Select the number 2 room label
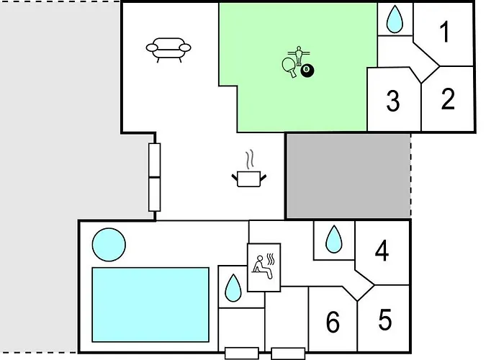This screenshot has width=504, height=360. click(448, 99)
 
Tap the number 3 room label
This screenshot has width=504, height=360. click(392, 102)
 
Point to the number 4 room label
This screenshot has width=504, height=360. click(382, 251)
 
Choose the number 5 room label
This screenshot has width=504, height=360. click(385, 318)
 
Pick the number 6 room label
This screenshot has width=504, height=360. click(333, 323)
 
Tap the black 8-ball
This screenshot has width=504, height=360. click(308, 70)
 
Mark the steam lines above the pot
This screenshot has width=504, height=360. click(249, 158)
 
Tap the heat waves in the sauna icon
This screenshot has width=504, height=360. click(272, 257)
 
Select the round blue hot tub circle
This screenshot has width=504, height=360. click(109, 245)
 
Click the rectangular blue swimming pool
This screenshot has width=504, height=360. click(150, 305)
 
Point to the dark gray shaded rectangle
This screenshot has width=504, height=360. click(348, 175)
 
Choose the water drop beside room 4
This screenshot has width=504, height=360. click(333, 240)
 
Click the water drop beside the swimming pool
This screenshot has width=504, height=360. click(233, 289)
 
